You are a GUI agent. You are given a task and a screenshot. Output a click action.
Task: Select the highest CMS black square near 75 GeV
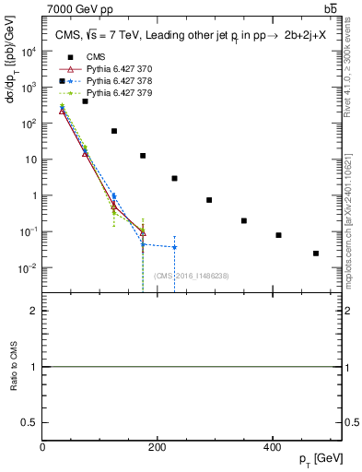86,101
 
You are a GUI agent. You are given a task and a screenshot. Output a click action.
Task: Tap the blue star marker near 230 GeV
174,247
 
